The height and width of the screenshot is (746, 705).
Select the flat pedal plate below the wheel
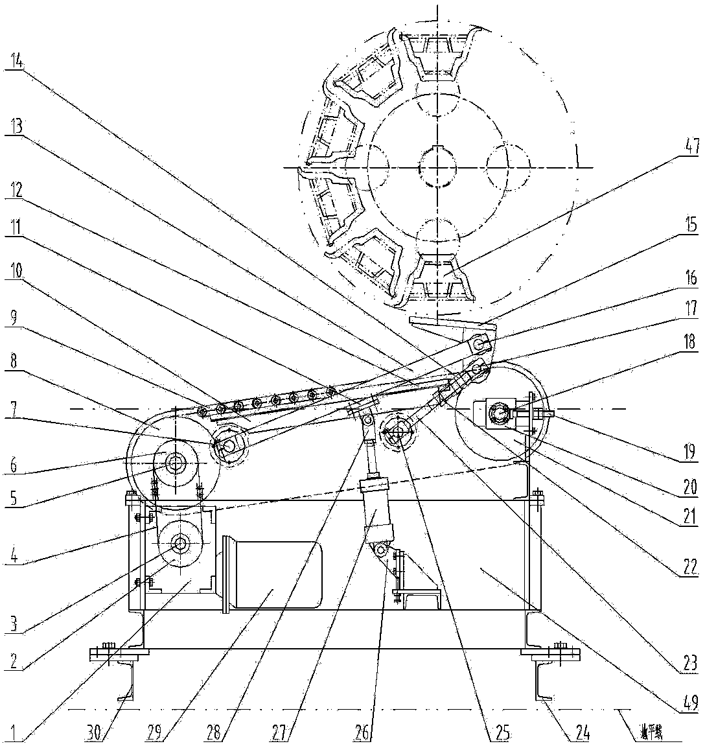click(x=447, y=321)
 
